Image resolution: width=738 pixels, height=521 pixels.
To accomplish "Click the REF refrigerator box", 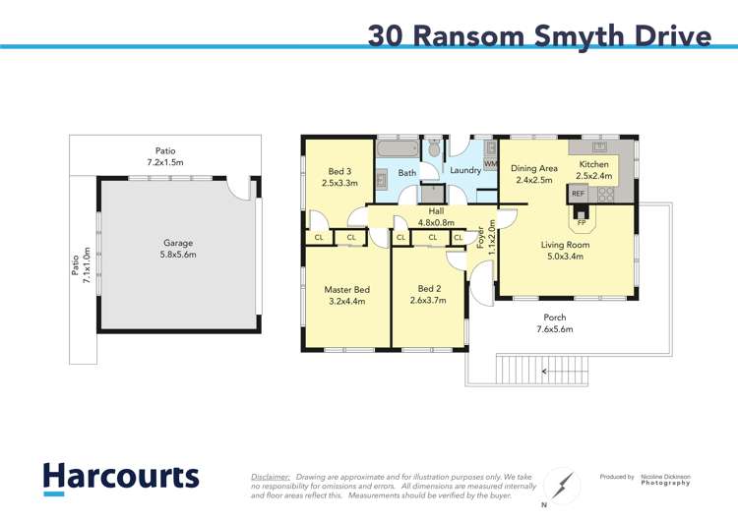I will point(578,195).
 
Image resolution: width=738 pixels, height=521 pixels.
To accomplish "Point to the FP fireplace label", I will point(582,222).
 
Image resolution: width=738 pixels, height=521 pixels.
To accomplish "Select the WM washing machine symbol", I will point(490,164).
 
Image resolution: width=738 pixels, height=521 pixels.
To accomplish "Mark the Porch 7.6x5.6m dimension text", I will point(554,329).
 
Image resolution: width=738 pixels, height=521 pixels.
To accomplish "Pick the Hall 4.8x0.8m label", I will point(435,216).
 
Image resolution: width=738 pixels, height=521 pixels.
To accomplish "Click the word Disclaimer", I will point(270,475).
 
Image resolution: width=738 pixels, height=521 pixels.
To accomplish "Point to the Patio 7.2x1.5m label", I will point(165,156).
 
